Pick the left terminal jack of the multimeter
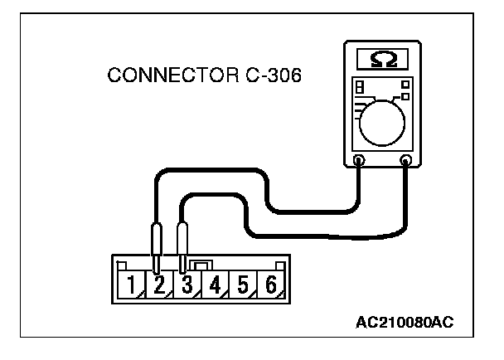click(x=358, y=159)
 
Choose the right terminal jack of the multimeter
click(x=405, y=159)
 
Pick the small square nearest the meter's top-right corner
click(x=404, y=84)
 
